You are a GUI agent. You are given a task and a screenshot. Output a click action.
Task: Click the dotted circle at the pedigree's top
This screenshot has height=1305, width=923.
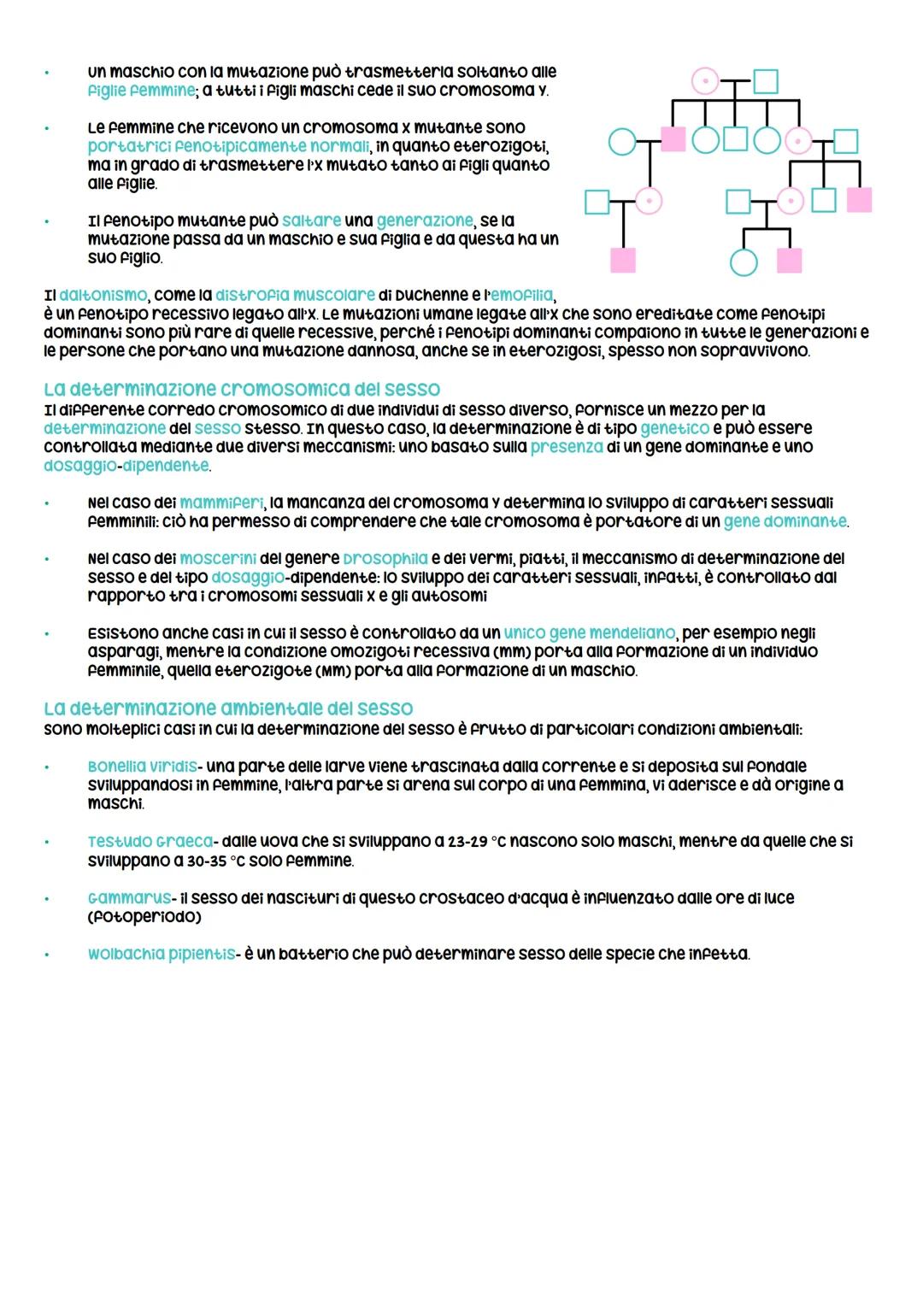coord(705,81)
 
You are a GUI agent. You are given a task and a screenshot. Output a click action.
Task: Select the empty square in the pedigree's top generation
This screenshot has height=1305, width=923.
coord(766,81)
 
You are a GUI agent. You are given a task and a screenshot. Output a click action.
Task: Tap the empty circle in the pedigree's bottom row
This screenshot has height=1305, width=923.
coord(744,262)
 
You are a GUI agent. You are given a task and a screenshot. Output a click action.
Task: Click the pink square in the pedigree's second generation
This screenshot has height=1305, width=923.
coord(673,138)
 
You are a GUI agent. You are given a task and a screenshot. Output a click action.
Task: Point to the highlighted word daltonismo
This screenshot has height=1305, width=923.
coord(103,296)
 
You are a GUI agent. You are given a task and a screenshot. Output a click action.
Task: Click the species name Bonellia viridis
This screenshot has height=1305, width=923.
coord(142,767)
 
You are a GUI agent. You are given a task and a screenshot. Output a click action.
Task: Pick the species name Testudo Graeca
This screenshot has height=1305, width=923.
coord(150,842)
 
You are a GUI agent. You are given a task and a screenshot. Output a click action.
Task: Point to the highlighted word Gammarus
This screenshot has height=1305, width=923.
coord(129,898)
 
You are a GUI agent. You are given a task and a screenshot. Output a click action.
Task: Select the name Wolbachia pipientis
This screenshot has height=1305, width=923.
coord(161,954)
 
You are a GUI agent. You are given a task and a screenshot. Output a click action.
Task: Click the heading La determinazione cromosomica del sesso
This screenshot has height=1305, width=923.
coord(242,390)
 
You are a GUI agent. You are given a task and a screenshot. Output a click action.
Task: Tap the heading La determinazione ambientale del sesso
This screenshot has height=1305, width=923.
coord(228,708)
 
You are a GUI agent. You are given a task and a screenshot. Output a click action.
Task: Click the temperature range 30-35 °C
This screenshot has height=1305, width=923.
coord(206,861)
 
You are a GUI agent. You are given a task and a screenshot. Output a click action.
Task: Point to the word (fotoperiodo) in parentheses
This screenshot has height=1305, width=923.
coord(144,917)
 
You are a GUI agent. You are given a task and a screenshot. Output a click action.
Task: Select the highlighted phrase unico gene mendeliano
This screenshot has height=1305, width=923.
coord(590,633)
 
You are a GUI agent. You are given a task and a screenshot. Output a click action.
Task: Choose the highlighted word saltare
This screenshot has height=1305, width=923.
coord(311,220)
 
